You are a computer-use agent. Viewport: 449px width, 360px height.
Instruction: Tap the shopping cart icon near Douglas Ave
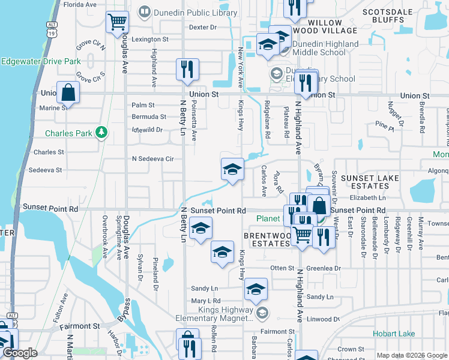click(118, 22)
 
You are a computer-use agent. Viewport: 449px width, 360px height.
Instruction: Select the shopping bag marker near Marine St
click(68, 93)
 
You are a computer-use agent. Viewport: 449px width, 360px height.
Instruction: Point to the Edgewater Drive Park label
click(41, 61)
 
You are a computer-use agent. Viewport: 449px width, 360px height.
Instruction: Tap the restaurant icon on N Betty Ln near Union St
click(187, 69)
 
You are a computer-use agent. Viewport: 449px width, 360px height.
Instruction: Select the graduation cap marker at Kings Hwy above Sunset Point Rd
click(232, 170)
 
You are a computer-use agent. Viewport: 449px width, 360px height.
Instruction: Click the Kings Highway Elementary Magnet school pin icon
click(262, 313)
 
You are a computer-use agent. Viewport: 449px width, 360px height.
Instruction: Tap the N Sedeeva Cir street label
click(152, 159)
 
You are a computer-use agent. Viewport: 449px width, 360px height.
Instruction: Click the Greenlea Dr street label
click(324, 268)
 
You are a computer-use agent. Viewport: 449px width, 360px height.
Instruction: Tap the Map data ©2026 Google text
click(411, 355)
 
